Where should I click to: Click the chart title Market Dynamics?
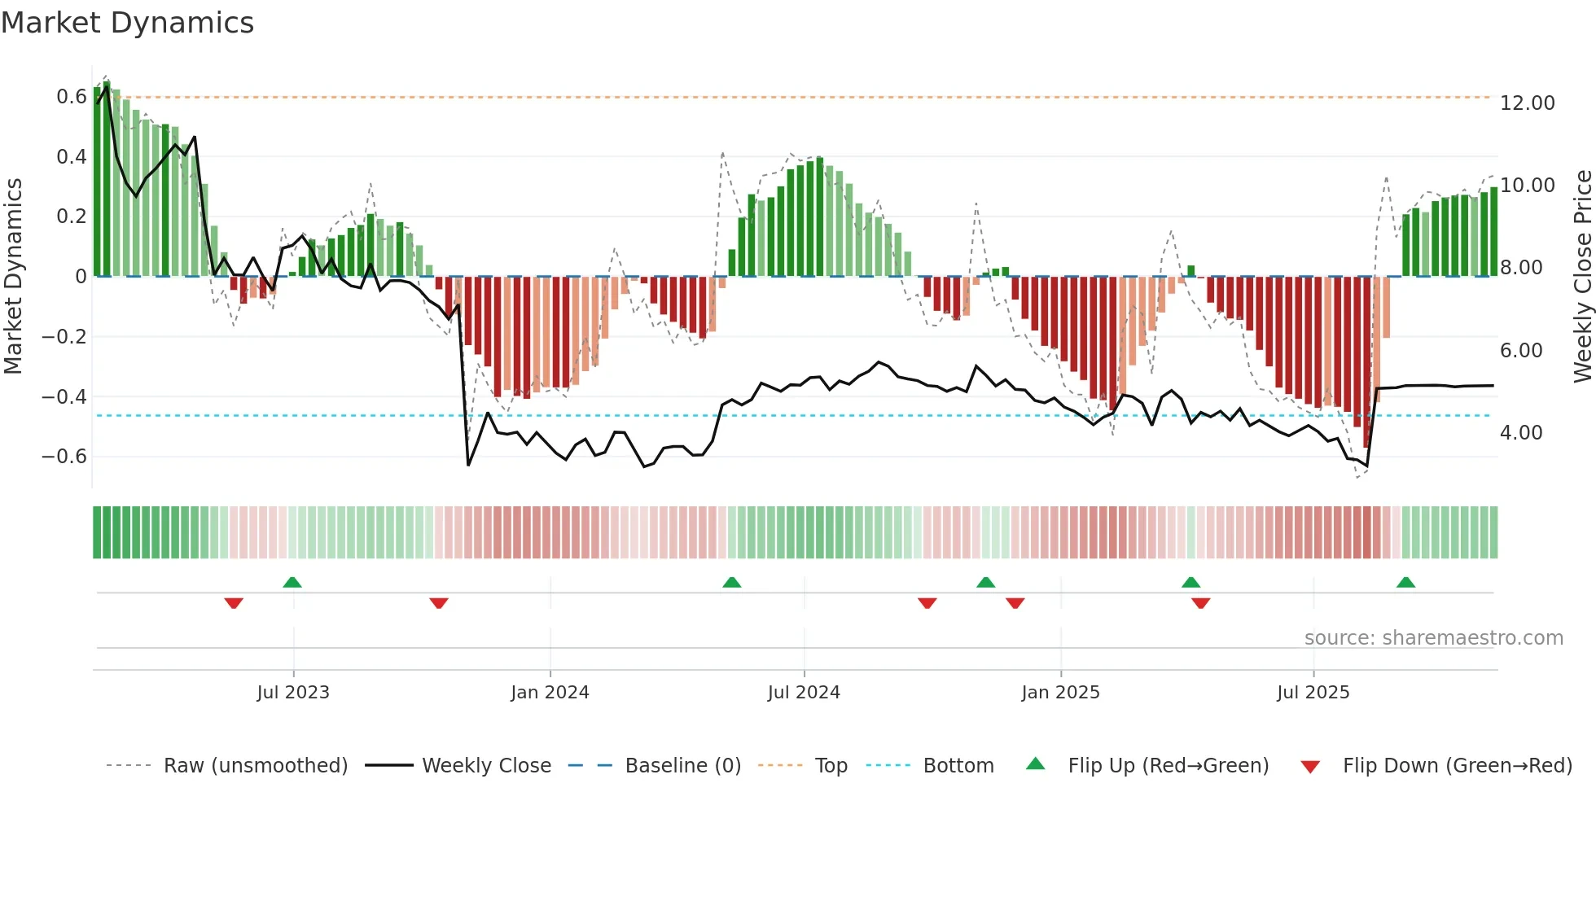coord(127,23)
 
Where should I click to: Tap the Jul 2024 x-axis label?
coord(804,692)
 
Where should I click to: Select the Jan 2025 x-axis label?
coord(1060,692)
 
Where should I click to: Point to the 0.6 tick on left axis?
coord(72,97)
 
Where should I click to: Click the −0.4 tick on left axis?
coord(64,396)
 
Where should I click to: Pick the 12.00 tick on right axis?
coord(1527,103)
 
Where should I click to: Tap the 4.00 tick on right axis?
coord(1520,433)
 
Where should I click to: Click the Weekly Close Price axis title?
coord(1582,276)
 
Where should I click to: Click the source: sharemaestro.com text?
coord(1433,638)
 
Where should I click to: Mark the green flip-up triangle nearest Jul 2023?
coord(292,582)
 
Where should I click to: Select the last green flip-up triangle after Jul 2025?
coord(1405,582)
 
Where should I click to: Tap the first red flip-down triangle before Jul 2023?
coord(234,603)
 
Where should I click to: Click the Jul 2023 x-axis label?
coord(293,692)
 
